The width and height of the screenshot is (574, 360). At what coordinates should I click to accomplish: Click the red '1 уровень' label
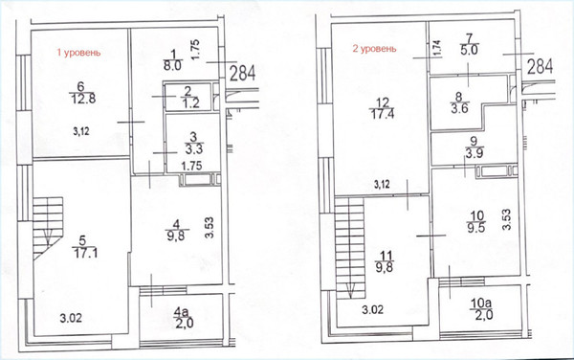[x=78, y=53]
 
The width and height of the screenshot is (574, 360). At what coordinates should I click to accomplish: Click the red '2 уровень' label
[x=374, y=49]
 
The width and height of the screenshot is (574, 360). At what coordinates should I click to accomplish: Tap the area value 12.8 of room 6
[x=83, y=99]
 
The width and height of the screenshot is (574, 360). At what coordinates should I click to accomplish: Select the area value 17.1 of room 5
[x=86, y=253]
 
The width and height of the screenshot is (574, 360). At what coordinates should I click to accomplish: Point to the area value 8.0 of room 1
[x=173, y=66]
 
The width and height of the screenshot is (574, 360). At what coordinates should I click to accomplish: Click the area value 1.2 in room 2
[x=191, y=102]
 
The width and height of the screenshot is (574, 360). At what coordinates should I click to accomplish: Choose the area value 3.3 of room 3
[x=194, y=149]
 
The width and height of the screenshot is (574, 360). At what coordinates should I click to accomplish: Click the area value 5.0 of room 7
[x=470, y=49]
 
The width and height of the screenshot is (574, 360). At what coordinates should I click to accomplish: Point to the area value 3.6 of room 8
[x=460, y=108]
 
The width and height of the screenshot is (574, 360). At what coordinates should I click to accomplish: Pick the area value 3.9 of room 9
[x=475, y=153]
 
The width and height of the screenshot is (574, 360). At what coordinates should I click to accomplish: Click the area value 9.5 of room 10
[x=476, y=228]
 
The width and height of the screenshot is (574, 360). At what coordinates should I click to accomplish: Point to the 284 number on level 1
[x=242, y=74]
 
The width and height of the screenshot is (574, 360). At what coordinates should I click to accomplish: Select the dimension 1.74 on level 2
[x=438, y=48]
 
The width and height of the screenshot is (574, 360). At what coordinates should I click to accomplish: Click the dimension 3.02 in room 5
[x=71, y=318]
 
